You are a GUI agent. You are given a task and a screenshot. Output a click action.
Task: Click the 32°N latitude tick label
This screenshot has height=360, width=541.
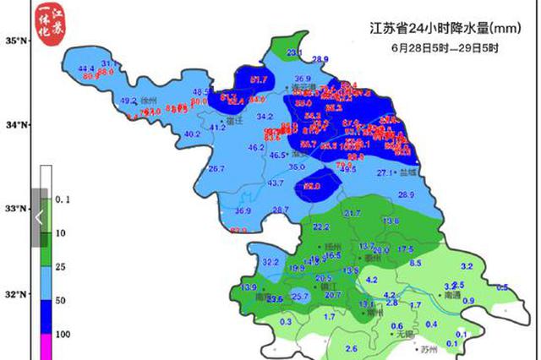point(17,296)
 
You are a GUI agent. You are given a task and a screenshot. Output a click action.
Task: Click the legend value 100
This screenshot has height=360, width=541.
point(63,334)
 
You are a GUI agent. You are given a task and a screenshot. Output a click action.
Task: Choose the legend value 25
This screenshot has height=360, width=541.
point(61,266)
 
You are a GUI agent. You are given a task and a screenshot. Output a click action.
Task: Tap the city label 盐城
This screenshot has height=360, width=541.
point(409,172)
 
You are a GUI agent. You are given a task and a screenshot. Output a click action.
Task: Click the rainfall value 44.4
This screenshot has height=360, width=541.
point(86,68)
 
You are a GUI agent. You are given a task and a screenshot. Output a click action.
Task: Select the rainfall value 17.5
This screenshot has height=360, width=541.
point(406,249)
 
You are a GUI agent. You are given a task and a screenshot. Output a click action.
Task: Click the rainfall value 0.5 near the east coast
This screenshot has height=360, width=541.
point(503,287)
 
